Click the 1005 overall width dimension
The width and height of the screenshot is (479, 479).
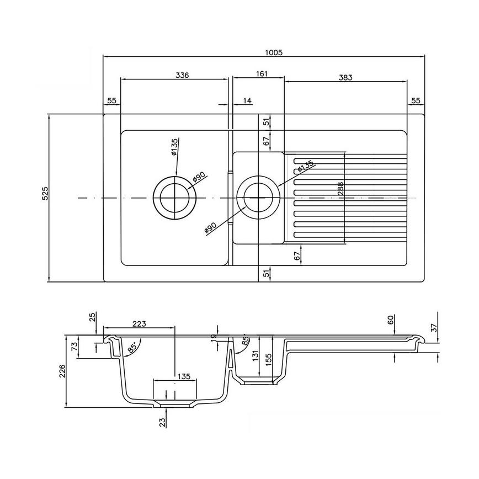274,52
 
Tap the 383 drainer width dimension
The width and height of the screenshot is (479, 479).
345,78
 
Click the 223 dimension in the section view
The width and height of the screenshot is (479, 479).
139,324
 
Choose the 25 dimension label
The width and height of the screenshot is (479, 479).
93,317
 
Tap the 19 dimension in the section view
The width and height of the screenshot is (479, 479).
214,338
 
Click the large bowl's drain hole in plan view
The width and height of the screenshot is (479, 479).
175,197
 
